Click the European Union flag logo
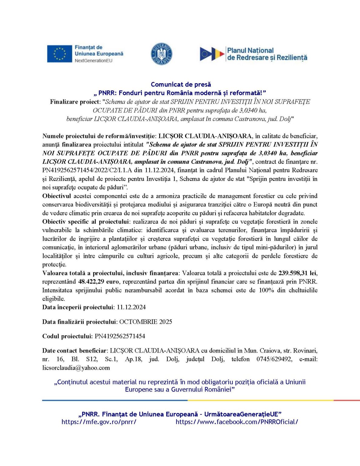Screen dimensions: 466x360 pos(59,54)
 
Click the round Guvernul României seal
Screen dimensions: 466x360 pos(162,54)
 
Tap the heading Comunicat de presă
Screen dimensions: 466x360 pos(181,84)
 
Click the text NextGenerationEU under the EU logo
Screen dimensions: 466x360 pos(93,61)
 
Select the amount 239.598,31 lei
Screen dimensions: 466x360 pos(298,273)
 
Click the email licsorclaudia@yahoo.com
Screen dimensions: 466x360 pos(76,368)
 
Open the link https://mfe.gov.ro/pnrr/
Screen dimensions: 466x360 pos(99,422)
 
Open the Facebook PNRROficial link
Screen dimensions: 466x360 pos(237,422)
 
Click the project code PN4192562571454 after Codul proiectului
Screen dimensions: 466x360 pos(120,336)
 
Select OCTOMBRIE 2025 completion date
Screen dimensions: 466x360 pos(146,322)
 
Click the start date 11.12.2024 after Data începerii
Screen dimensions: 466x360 pos(131,307)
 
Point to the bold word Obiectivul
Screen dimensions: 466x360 pos(57,196)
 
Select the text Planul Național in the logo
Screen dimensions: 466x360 pos(250,50)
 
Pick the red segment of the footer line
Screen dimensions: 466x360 pos(346,400)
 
